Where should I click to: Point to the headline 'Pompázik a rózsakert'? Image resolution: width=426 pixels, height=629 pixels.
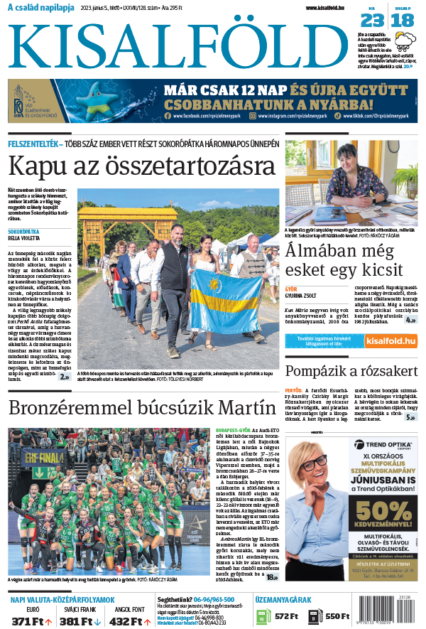(x=351, y=371)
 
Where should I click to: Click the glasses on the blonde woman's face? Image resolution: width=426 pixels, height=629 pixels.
(x=313, y=464)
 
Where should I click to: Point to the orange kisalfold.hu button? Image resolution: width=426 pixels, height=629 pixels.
(x=390, y=342)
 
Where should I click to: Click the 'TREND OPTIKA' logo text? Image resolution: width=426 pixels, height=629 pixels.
(x=390, y=446)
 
